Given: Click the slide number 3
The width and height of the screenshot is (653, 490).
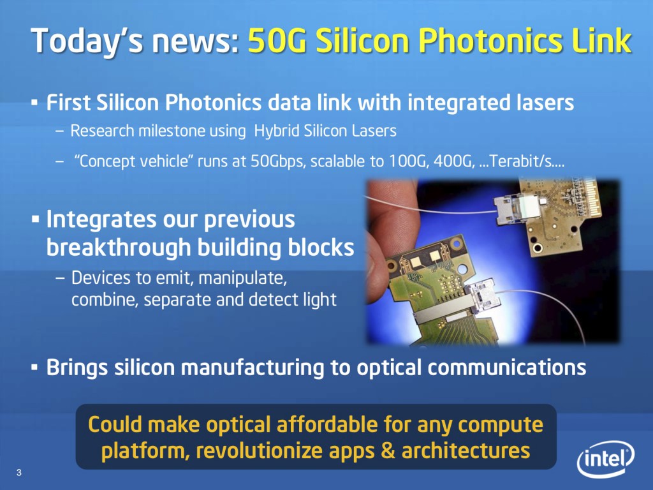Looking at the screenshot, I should tap(19, 473).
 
